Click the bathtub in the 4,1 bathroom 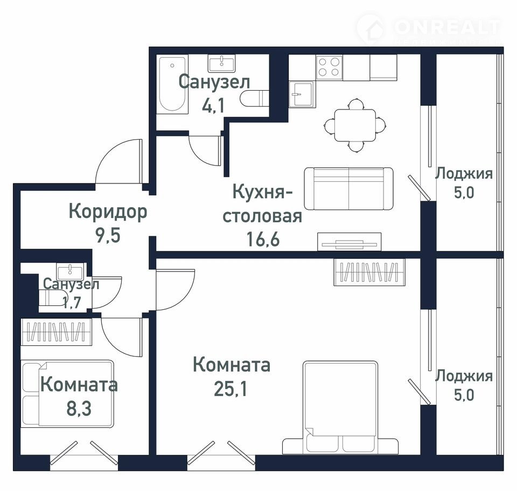tap(172, 84)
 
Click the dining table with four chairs tap(355, 125)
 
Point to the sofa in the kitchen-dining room tap(348, 189)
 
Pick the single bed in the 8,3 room tap(68, 393)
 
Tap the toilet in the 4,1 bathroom tap(253, 98)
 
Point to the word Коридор tap(108, 212)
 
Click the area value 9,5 tap(108, 235)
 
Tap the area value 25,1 tap(230, 388)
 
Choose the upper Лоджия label tap(464, 174)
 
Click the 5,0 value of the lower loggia tap(464, 395)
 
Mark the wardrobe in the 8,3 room tap(57, 332)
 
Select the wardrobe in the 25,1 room tap(369, 272)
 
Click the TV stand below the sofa tap(349, 242)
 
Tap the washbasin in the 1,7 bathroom tap(70, 271)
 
